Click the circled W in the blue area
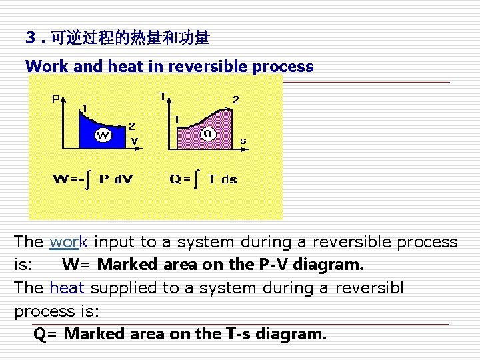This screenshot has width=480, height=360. [103, 136]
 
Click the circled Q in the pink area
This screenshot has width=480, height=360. [208, 134]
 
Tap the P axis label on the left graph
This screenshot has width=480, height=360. [56, 100]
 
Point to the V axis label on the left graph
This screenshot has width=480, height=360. [135, 141]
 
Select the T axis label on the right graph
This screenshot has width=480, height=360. [163, 97]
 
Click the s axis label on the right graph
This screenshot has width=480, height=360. [243, 141]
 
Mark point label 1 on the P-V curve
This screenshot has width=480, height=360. [83, 109]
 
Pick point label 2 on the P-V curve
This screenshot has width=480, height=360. [131, 125]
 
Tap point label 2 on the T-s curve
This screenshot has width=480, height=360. [235, 100]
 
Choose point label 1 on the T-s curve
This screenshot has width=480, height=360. [176, 120]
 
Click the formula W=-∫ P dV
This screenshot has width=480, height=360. [93, 179]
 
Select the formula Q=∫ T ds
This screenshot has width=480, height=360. [203, 179]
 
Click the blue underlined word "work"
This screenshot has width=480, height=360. [64, 242]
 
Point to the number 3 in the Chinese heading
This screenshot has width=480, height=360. [30, 38]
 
